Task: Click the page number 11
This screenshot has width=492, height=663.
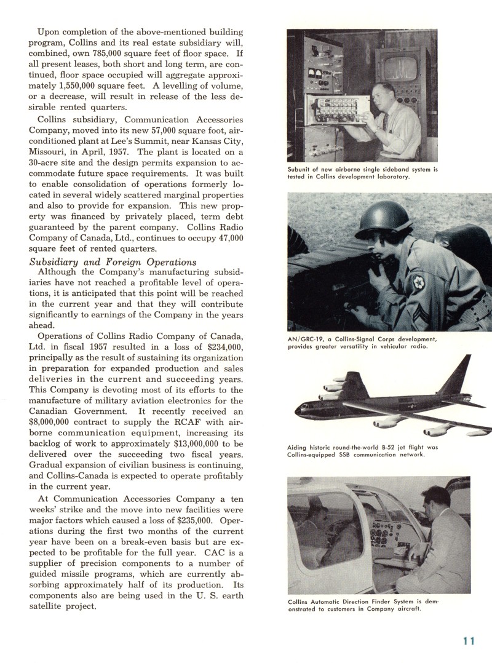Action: pyautogui.click(x=469, y=640)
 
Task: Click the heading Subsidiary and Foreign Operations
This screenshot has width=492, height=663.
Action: pyautogui.click(x=113, y=261)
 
